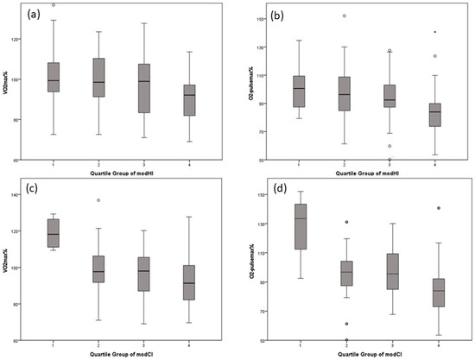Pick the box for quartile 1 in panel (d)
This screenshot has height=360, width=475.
300,227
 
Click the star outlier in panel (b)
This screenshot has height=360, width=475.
435,32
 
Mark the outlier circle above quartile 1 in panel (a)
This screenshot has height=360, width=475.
54,4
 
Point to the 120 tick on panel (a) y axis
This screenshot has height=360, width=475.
16,39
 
